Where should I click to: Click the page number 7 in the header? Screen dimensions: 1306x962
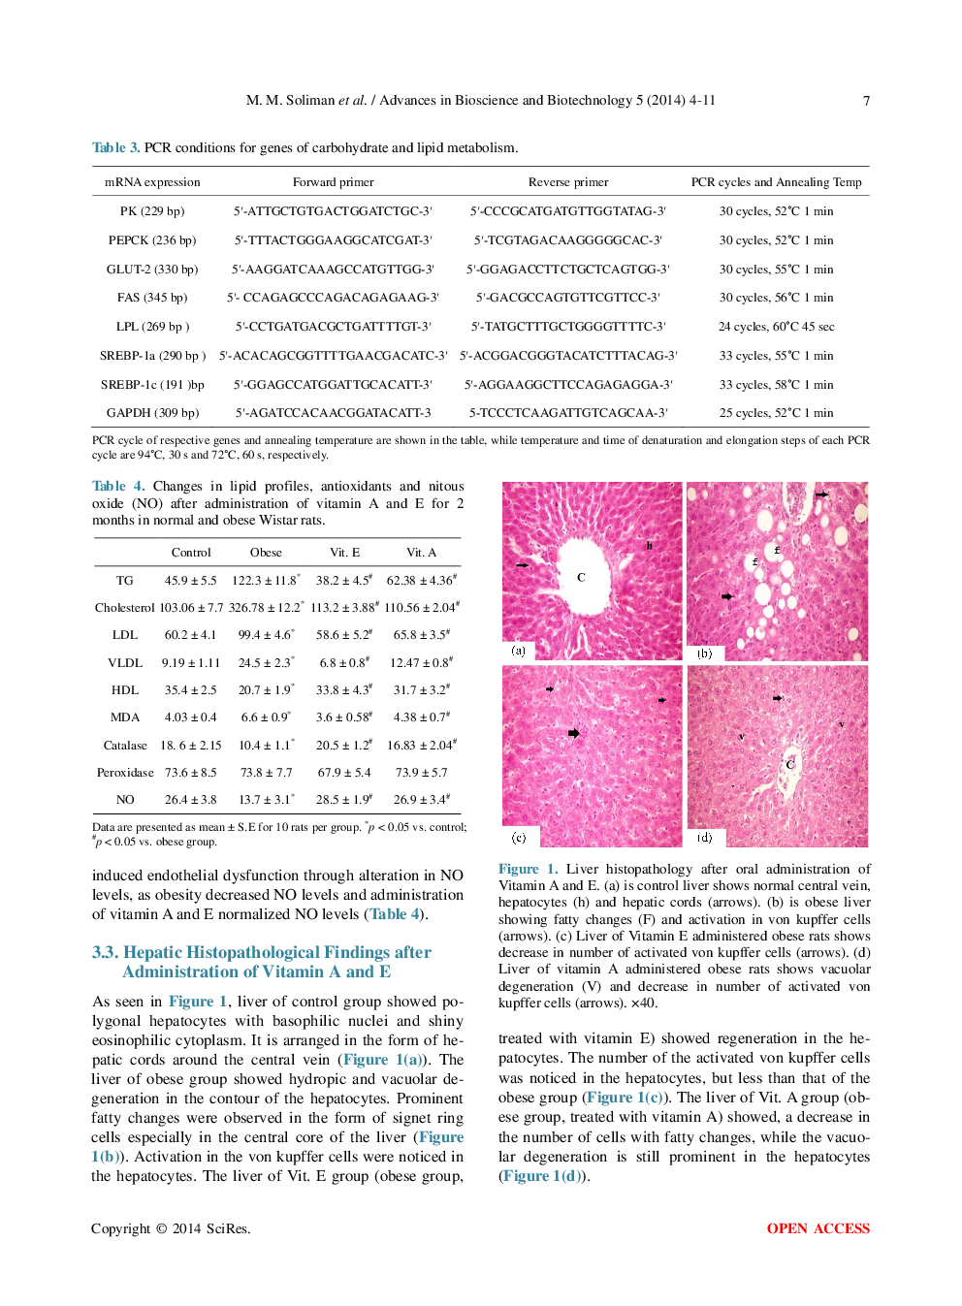coord(866,101)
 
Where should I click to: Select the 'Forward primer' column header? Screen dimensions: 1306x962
coord(333,182)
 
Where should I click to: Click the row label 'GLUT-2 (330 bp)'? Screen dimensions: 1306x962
coord(152,270)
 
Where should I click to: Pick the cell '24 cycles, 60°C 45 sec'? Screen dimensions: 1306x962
coord(776,327)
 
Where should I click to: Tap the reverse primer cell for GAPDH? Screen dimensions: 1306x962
coord(568,413)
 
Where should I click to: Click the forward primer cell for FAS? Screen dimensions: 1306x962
coord(333,298)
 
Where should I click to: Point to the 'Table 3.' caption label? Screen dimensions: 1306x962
coord(115,148)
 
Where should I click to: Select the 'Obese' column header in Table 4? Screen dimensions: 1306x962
coord(266,553)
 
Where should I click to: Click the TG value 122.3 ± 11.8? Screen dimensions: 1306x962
coord(265,581)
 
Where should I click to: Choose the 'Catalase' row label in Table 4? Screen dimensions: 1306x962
coord(125,746)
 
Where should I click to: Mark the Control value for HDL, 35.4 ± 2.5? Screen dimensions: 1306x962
coord(190,690)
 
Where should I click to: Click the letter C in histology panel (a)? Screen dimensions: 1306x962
coord(581,577)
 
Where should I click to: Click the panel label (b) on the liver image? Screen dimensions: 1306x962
coord(704,653)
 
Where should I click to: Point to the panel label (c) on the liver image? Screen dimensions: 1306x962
coord(519,837)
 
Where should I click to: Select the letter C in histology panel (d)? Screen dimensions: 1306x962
coord(789,764)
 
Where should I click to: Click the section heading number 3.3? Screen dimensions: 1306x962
coord(105,953)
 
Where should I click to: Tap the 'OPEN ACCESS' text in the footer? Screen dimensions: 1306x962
coord(818,1228)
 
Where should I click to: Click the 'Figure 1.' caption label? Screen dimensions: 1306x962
coord(528,870)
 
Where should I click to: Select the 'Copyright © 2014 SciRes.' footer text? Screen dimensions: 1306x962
coord(171,1228)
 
